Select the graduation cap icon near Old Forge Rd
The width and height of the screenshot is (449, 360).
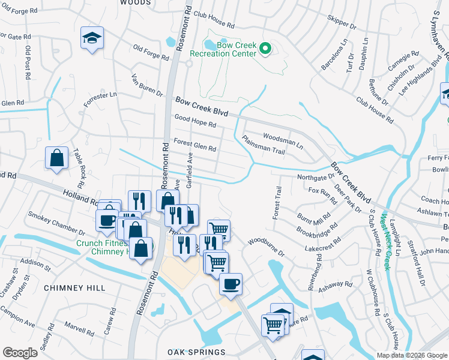[92, 38]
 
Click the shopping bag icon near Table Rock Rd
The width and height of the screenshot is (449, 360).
[56, 158]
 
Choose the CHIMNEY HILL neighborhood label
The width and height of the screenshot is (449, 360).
[67, 288]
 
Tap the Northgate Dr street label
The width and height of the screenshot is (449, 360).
[316, 178]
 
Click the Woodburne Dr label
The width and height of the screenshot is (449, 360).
[265, 248]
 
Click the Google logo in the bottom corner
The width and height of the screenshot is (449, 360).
[20, 353]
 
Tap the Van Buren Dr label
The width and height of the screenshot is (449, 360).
[146, 86]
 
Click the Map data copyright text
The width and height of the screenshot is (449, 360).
[412, 355]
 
